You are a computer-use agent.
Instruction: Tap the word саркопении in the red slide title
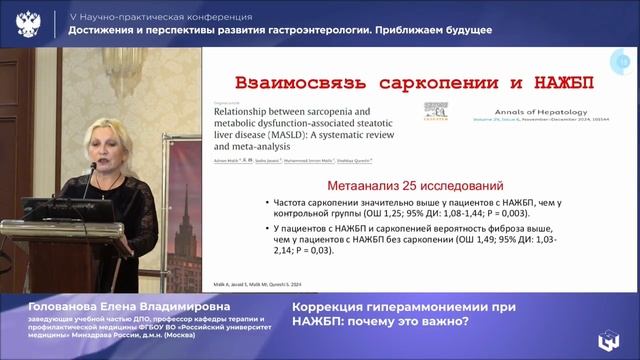point(429,82)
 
